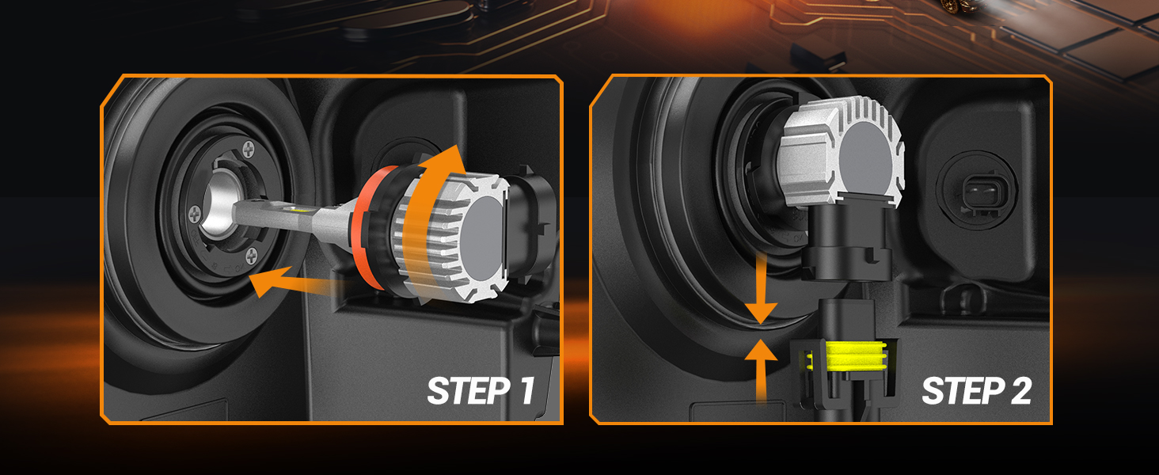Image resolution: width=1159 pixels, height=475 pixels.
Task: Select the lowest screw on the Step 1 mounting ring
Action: tap(251, 254)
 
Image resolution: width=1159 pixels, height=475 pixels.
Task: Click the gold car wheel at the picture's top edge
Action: tap(950, 5)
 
